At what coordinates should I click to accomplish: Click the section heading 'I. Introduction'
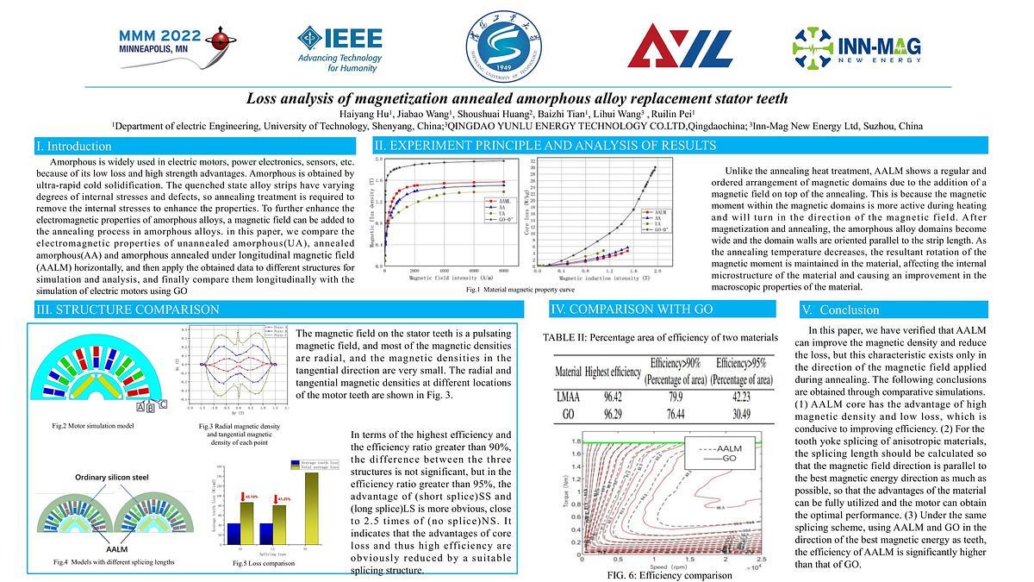pyautogui.click(x=73, y=147)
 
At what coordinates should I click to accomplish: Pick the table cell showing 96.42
pyautogui.click(x=613, y=396)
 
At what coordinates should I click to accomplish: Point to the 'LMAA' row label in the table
pyautogui.click(x=569, y=396)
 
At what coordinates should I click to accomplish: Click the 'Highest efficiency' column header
pyautogui.click(x=613, y=372)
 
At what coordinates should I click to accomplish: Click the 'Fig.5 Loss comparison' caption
pyautogui.click(x=263, y=563)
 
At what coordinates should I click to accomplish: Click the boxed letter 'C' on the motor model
pyautogui.click(x=163, y=403)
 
